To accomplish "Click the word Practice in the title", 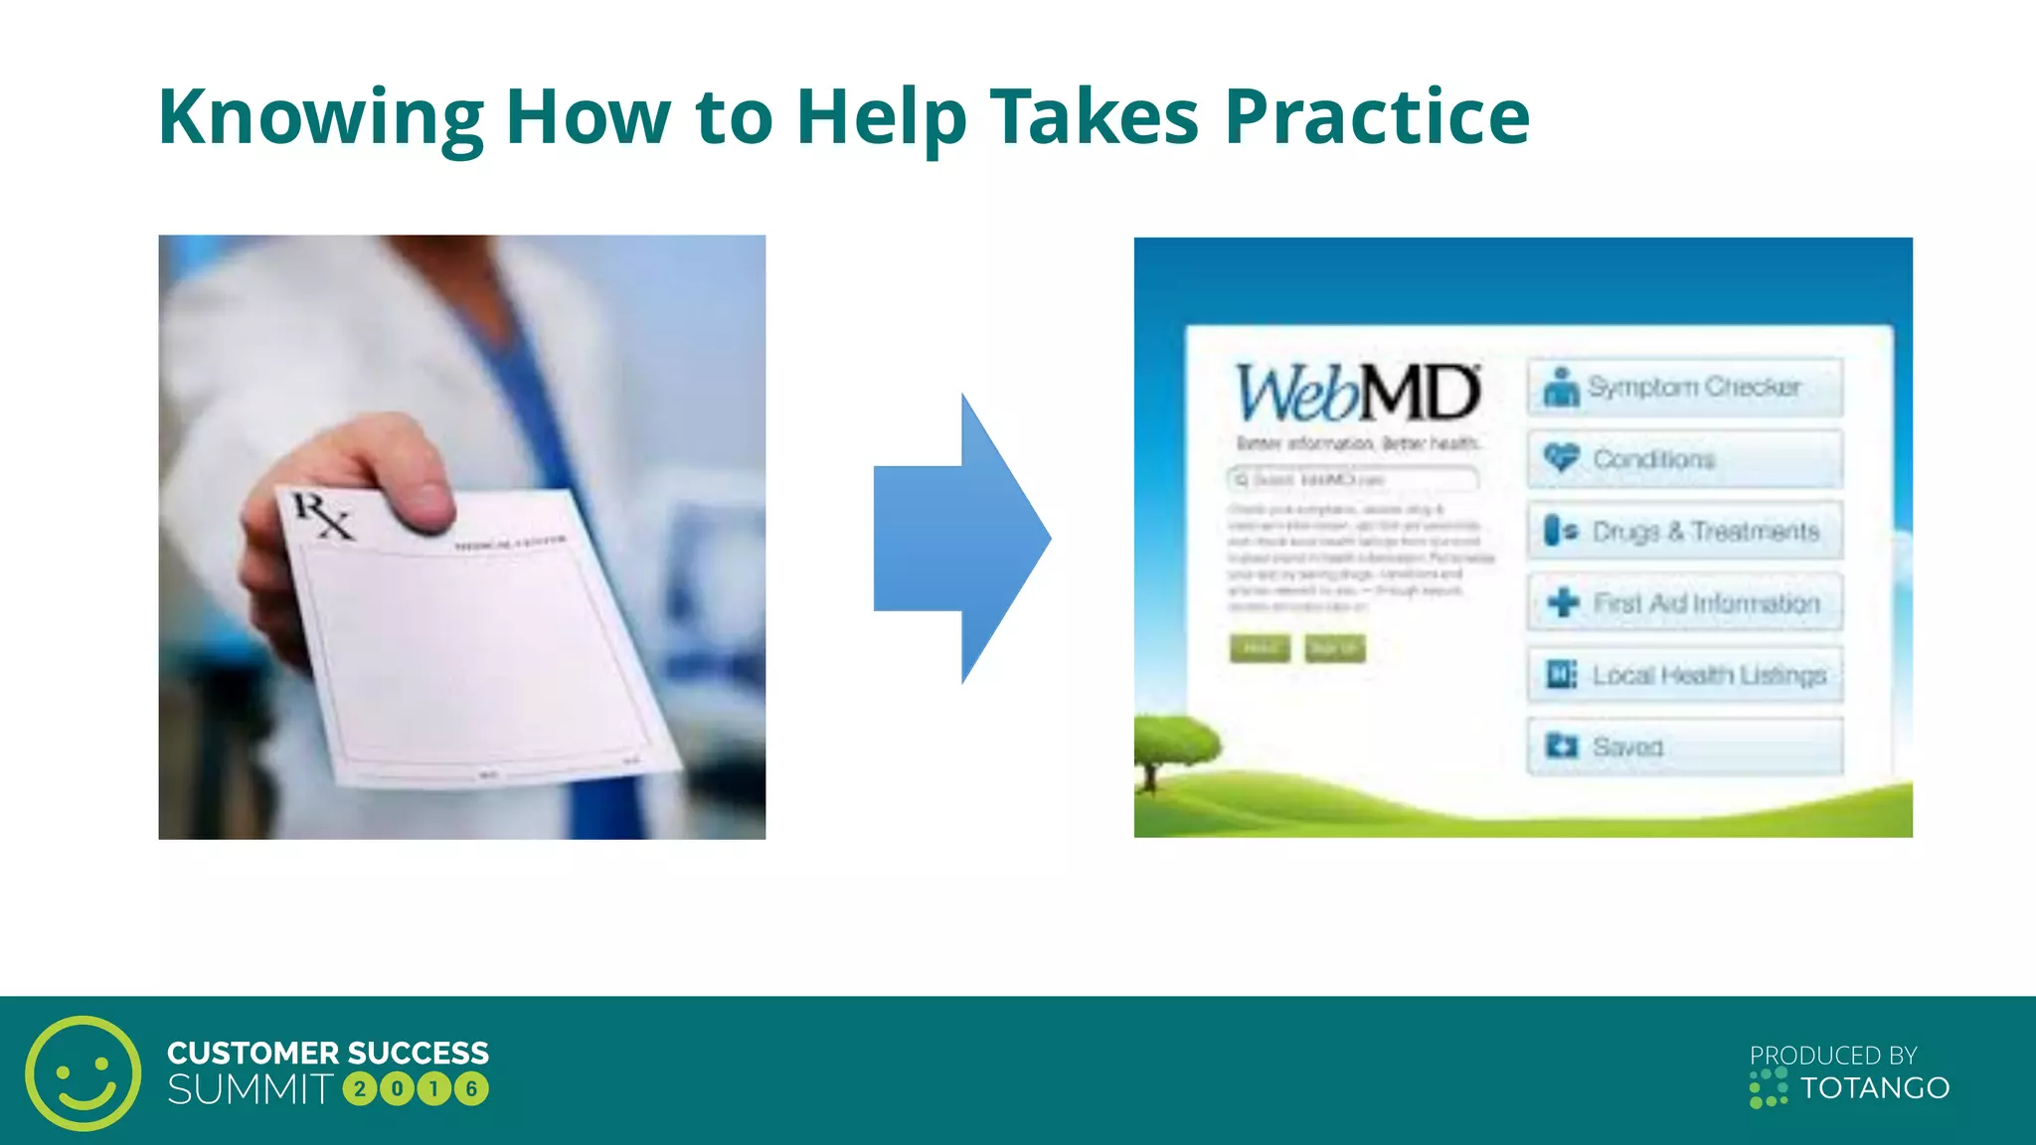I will coord(1377,117).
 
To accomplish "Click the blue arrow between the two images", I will coord(960,538).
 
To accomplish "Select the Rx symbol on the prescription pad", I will coord(321,516).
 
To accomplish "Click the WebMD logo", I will coord(1357,393).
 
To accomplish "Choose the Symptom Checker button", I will coord(1685,387).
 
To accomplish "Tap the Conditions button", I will coord(1685,459).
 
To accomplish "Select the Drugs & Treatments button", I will coord(1685,531).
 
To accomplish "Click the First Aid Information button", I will coord(1685,602).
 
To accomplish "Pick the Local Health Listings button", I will coord(1685,675).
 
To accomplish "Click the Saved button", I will coord(1685,746).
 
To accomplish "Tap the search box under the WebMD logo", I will coord(1353,480).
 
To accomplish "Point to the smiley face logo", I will coord(84,1072).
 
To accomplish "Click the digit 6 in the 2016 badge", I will coord(472,1089).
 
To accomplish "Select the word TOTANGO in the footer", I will coord(1875,1088).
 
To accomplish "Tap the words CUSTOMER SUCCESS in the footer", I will coord(328,1053).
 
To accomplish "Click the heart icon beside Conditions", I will coord(1561,457).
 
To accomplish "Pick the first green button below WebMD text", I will coord(1260,649).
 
